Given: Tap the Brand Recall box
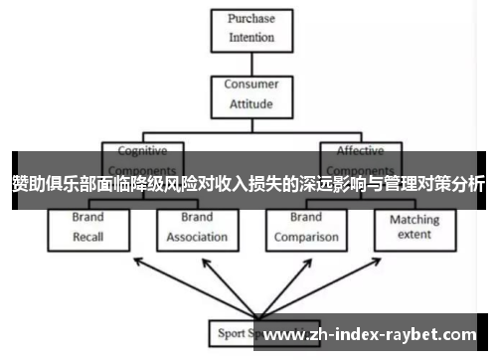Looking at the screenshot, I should click(x=88, y=228).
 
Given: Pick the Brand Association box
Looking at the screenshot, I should click(x=196, y=228).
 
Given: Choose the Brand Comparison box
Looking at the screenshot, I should click(x=305, y=228).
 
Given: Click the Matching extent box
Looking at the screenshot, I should click(x=414, y=228).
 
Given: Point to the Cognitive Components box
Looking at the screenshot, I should click(x=143, y=159).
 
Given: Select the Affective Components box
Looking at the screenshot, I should click(x=360, y=159).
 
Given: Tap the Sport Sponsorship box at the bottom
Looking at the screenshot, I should click(x=239, y=331).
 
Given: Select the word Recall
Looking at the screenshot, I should click(x=88, y=238).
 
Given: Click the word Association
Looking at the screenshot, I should click(x=196, y=238).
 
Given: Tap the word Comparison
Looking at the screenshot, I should click(x=305, y=238).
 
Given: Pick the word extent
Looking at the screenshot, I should click(x=414, y=235).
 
